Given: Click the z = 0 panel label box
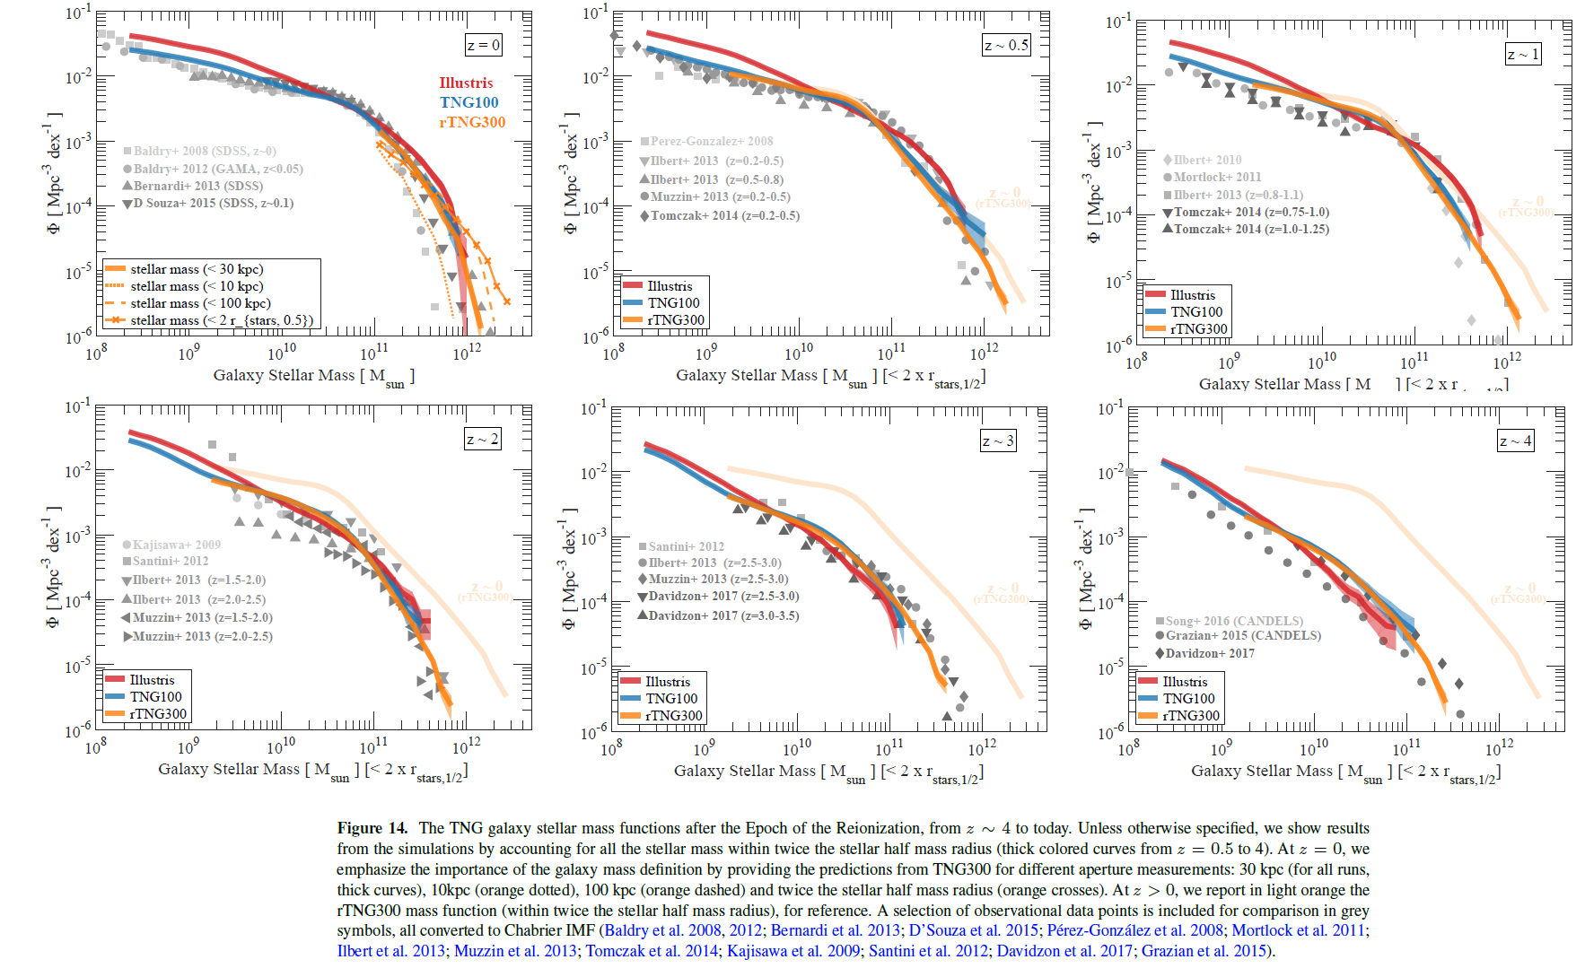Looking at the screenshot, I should [483, 45].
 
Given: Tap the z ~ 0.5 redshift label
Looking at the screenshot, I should [1006, 46].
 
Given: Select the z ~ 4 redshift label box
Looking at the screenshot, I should [1516, 441].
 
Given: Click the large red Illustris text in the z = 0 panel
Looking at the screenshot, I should [466, 83].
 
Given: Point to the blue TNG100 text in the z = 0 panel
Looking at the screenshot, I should [468, 102].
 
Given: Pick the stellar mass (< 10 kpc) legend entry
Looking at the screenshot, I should [197, 286].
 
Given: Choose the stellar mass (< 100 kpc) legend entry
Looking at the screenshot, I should [200, 303].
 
